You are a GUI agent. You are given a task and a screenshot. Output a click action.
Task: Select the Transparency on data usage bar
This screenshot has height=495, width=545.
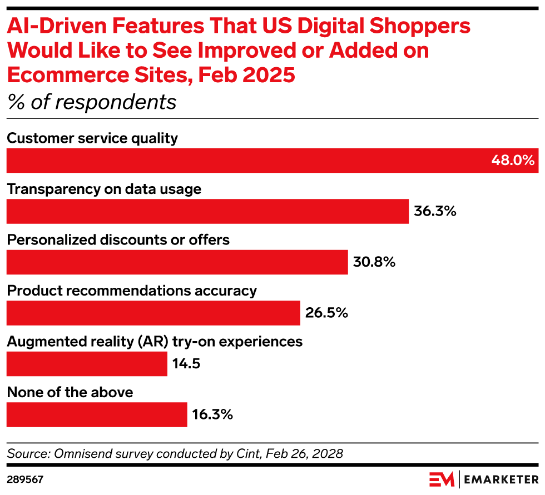[x=207, y=211]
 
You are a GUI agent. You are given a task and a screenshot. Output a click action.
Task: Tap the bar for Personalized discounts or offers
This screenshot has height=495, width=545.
[x=177, y=262]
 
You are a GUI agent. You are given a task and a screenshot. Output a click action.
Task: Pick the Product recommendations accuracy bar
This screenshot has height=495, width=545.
[x=153, y=313]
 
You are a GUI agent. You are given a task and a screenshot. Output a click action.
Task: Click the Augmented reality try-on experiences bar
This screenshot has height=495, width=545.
[x=87, y=364]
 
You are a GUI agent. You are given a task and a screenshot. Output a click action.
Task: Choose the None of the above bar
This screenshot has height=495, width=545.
[x=97, y=414]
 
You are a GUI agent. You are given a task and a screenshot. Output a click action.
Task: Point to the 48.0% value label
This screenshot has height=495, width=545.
[x=512, y=161]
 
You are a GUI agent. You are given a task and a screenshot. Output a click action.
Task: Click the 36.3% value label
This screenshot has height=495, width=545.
[x=435, y=211]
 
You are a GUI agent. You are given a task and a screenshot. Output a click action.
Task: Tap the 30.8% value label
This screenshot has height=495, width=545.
[x=374, y=262]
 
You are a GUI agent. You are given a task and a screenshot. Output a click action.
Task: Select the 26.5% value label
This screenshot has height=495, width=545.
[x=326, y=313]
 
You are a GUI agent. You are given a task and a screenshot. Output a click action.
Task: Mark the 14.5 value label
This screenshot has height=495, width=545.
[x=186, y=364]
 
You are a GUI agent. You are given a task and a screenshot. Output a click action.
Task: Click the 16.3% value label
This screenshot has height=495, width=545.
[x=212, y=414]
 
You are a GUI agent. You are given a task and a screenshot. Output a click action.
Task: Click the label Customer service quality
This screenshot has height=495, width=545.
[x=92, y=138]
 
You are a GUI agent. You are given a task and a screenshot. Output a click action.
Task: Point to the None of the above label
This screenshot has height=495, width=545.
[x=70, y=392]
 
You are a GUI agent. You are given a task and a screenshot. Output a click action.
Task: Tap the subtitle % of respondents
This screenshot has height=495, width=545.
[x=91, y=102]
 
